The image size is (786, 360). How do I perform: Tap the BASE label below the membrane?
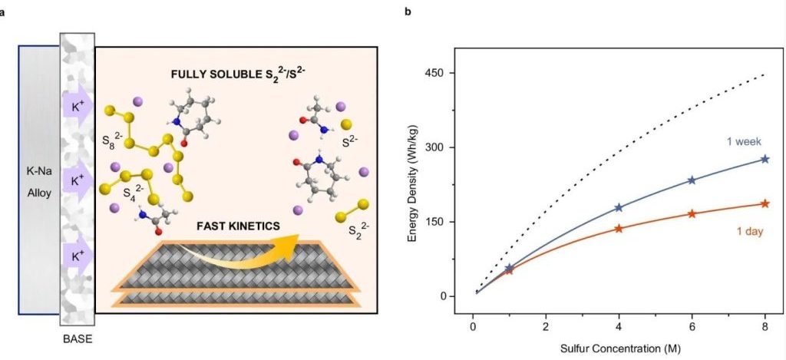tap(77, 335)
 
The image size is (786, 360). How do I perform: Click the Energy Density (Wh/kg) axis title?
tap(414, 184)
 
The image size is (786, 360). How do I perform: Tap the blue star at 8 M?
tap(765, 159)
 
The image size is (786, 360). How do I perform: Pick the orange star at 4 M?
tap(619, 228)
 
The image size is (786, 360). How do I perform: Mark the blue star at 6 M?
tap(692, 180)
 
